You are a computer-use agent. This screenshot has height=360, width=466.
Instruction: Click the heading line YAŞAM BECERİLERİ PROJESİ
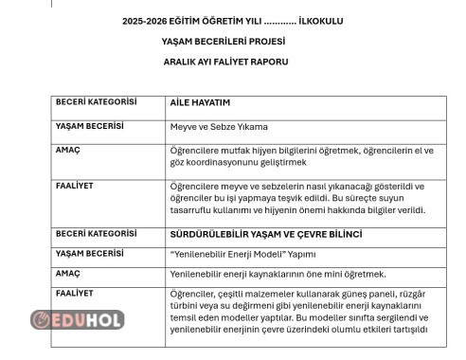click(232, 43)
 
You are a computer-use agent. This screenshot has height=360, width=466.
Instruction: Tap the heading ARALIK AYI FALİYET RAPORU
click(232, 62)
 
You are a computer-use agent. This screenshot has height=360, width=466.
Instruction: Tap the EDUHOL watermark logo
click(78, 320)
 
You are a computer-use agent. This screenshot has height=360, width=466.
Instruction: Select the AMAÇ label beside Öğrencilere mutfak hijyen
click(68, 149)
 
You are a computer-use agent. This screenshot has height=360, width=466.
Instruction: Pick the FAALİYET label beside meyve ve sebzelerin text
click(75, 185)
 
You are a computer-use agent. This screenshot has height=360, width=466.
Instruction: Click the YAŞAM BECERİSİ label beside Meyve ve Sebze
click(90, 125)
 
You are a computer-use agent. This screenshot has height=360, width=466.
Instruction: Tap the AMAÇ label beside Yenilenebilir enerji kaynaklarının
click(68, 272)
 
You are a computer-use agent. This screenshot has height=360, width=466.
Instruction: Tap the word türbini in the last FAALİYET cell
click(186, 306)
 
